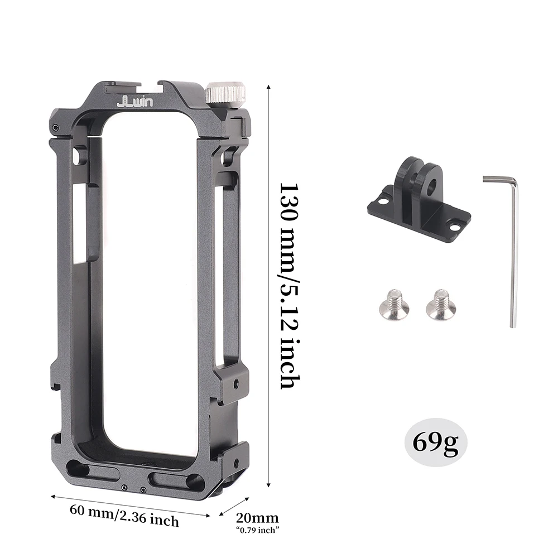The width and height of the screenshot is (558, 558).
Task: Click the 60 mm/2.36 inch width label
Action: [x=124, y=515]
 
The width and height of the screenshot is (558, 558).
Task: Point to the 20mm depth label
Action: [x=257, y=518]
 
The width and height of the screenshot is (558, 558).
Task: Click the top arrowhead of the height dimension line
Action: [x=270, y=87]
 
